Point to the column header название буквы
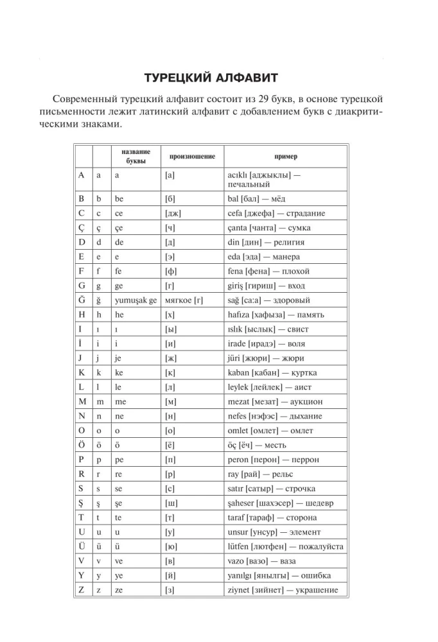(136, 156)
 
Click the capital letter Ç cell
(81, 227)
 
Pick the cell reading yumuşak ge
(135, 300)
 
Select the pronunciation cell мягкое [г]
(184, 300)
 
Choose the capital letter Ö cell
(82, 445)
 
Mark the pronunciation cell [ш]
(170, 503)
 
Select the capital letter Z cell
(81, 590)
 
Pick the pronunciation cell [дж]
(173, 213)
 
